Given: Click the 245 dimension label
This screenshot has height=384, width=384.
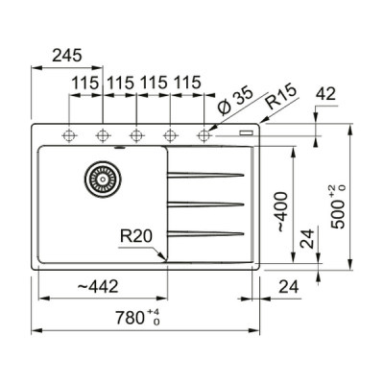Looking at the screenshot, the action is tap(67, 56).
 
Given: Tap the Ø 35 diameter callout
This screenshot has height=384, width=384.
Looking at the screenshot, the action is tap(235, 101).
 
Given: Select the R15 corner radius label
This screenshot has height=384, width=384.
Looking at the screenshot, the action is tap(281, 97).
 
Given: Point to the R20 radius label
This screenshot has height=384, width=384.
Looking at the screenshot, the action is tap(136, 236).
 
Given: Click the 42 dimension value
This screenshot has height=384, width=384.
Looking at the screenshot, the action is tap(325, 94).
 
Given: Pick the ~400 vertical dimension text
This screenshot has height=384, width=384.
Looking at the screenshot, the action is tap(282, 211).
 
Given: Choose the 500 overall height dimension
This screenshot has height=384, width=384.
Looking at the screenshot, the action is tap(338, 206).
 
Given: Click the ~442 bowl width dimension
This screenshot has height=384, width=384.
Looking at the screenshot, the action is tap(98, 286).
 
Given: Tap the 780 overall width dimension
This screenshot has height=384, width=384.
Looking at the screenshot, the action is tap(137, 318).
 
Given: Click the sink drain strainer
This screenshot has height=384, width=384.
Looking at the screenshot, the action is tap(103, 180).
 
